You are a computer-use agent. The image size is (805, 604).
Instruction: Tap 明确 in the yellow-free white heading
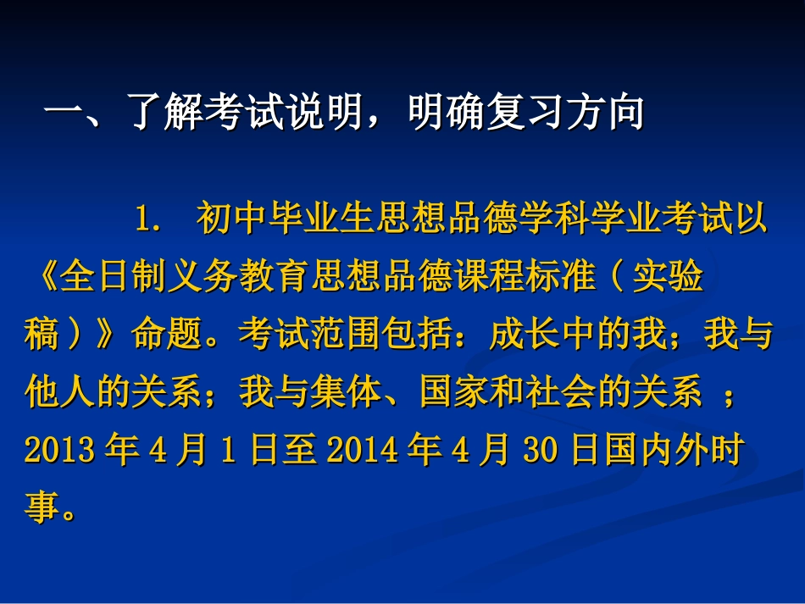(445, 113)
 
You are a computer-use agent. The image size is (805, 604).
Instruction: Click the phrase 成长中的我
(577, 335)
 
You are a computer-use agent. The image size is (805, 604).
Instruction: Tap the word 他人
(58, 393)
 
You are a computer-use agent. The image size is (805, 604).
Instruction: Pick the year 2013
(58, 451)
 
